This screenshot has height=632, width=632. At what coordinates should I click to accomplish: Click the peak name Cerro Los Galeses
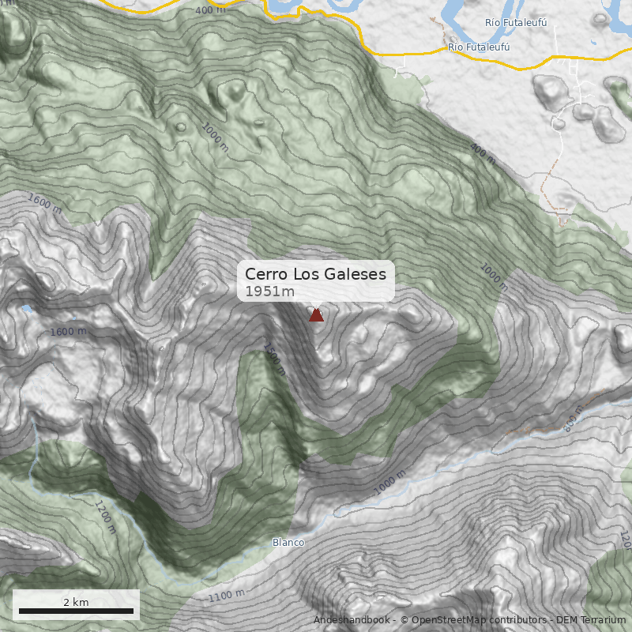point(315,274)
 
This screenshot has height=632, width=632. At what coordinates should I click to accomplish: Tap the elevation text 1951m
point(269,292)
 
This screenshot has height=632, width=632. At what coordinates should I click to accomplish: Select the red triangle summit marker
point(316,315)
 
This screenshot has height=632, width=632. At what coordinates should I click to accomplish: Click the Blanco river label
point(288,543)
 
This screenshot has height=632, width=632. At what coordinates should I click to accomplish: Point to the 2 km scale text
point(76,602)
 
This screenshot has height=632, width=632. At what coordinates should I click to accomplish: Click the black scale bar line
point(76,611)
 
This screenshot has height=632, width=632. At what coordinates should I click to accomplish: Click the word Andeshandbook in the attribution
point(351,620)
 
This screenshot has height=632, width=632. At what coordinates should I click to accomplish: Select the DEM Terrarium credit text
point(591,620)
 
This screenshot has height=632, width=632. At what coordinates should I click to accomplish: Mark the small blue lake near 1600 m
point(28,309)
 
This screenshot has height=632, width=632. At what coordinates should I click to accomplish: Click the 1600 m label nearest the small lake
point(68,332)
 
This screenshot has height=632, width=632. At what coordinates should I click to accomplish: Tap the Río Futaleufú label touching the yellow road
point(478,47)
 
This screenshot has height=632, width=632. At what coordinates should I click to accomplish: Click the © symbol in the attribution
point(404,620)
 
